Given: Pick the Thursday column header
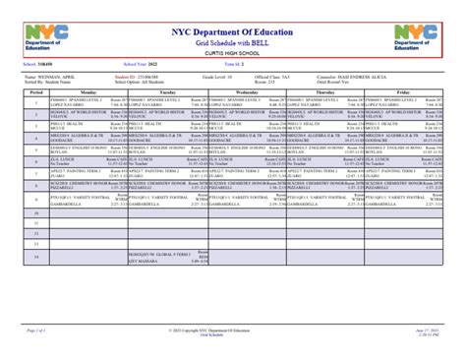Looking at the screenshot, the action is pyautogui.click(x=321, y=90).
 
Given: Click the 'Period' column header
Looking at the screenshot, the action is pyautogui.click(x=36, y=90).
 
